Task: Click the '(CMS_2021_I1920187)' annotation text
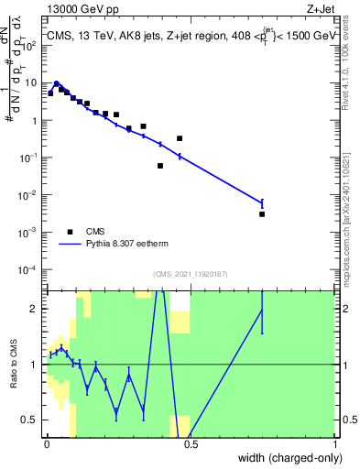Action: (190, 274)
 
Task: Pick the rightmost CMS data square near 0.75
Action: (262, 214)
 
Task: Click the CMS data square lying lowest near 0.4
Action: (160, 166)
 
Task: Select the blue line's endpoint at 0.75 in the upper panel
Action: (262, 202)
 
